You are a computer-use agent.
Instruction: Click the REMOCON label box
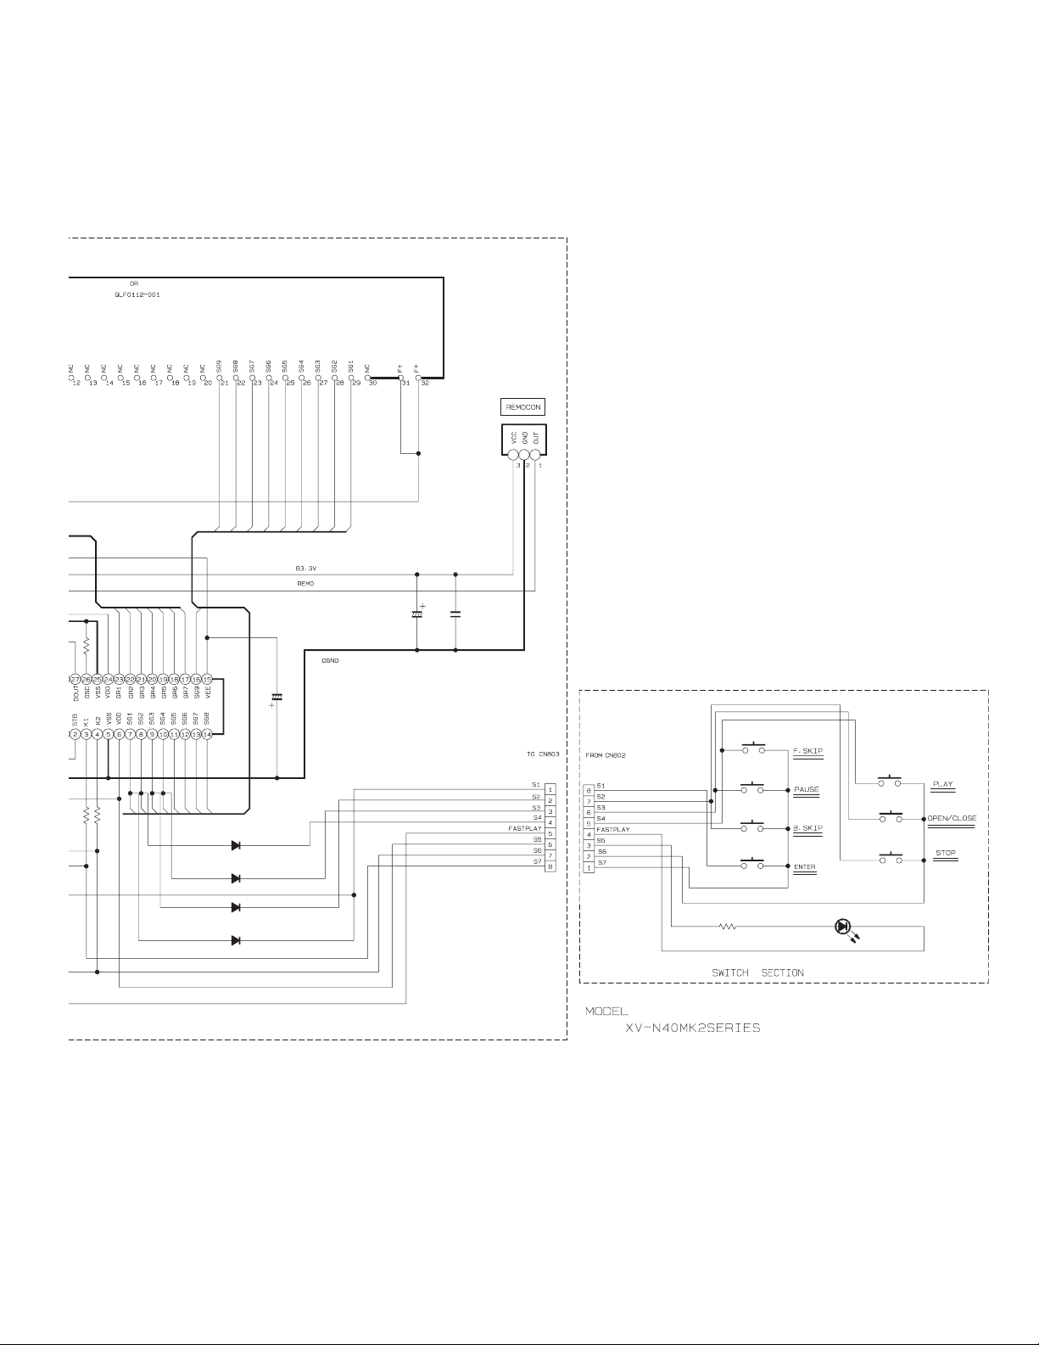click(523, 406)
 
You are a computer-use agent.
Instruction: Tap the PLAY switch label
click(942, 784)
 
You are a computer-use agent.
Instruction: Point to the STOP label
click(945, 853)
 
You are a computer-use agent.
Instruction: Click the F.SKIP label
click(807, 751)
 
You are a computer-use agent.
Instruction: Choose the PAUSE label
click(807, 789)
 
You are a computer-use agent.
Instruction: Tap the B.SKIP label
click(807, 827)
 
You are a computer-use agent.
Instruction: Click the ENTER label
click(804, 866)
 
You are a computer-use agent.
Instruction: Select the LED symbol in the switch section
click(843, 927)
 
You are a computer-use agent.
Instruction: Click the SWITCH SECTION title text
click(757, 972)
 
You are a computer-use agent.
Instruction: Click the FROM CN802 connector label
click(606, 754)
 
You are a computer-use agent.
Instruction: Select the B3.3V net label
click(305, 569)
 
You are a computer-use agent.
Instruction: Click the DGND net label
click(331, 660)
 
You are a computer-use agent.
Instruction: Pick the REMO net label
click(305, 584)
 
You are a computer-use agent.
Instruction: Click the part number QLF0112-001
click(137, 294)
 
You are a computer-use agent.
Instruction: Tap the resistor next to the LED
click(728, 927)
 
